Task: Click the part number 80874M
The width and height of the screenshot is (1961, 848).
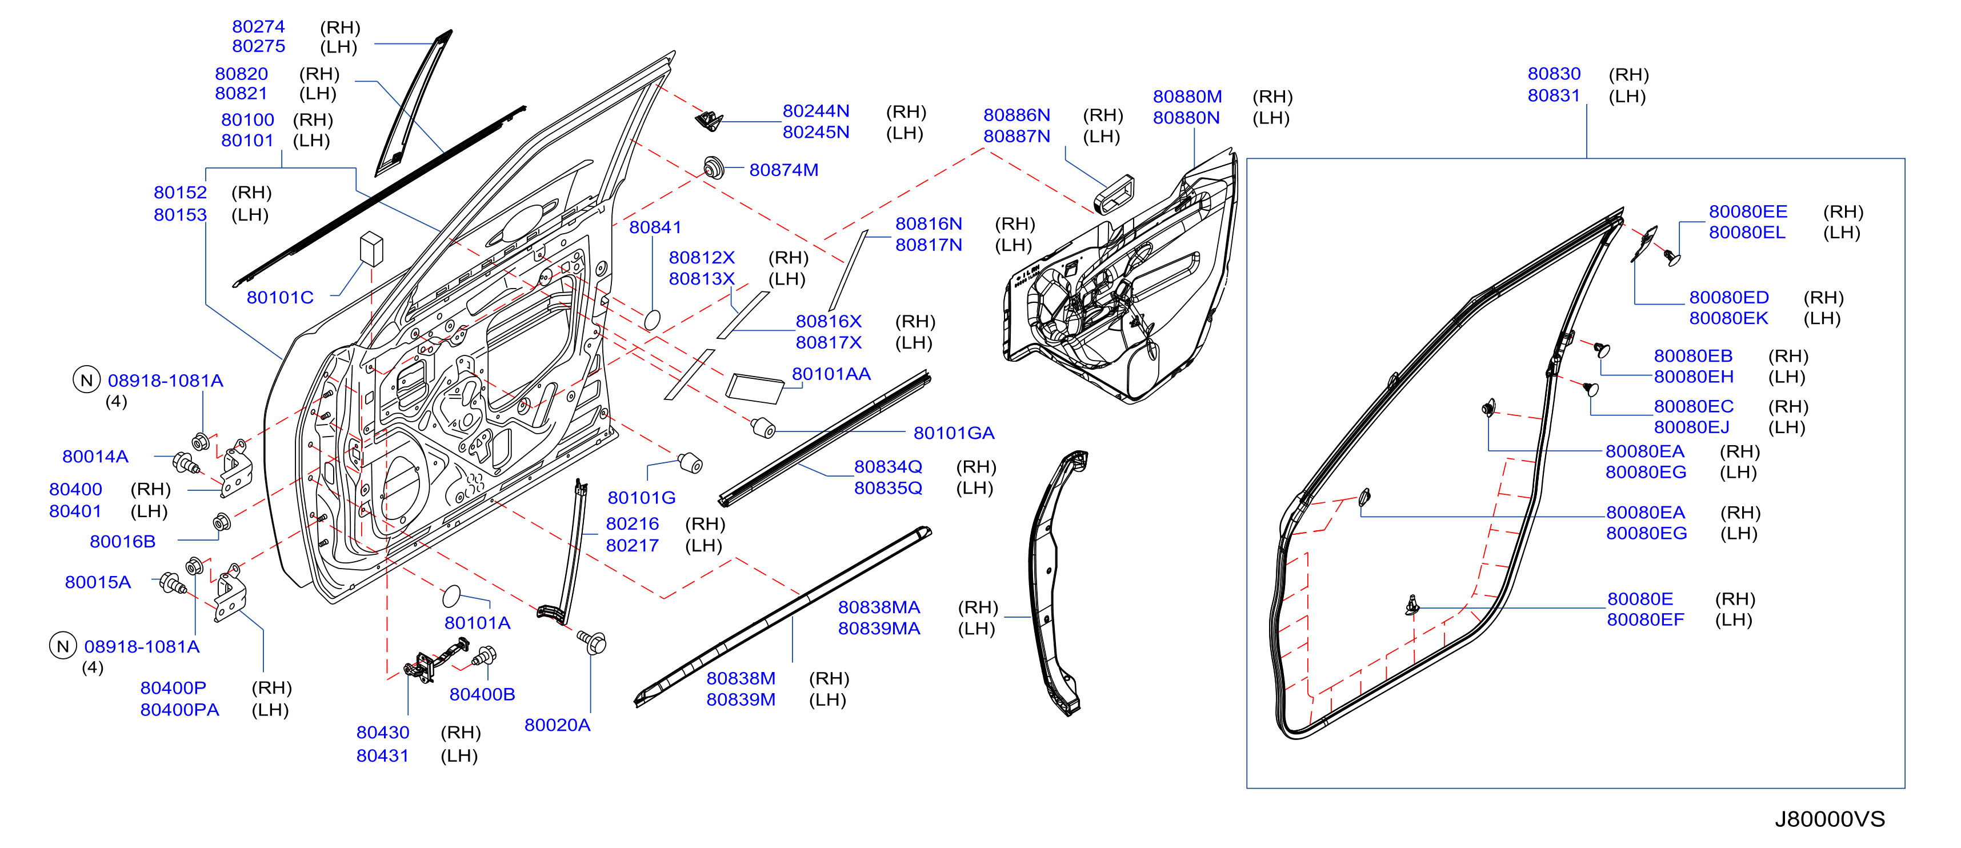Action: [783, 170]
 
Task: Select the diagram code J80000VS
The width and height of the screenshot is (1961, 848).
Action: [1830, 819]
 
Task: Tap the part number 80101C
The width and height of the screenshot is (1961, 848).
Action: [280, 298]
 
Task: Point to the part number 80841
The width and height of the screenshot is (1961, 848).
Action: [655, 227]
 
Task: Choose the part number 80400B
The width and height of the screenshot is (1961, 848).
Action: [482, 694]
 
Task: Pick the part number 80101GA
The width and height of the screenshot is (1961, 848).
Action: [954, 433]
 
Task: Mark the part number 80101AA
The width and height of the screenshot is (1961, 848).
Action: [831, 374]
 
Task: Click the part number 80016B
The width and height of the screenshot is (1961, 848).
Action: [122, 541]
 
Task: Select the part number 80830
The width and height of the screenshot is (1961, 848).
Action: [1554, 74]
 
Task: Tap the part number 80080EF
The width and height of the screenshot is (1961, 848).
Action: [1645, 619]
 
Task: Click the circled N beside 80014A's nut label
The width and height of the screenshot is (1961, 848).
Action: [87, 380]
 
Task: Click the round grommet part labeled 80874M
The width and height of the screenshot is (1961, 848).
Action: [713, 167]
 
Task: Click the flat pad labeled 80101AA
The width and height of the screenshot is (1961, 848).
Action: [754, 388]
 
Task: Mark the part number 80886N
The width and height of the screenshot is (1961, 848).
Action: [1016, 115]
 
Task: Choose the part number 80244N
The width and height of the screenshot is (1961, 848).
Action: [816, 111]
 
